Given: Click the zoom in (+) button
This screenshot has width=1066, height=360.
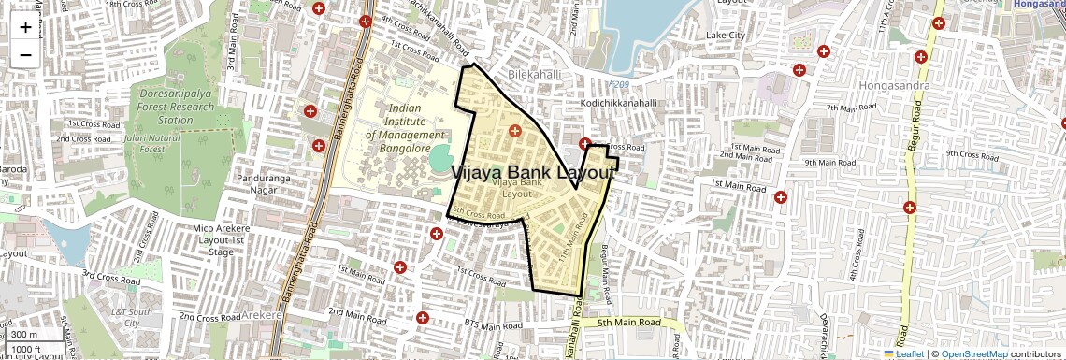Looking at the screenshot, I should (25, 27).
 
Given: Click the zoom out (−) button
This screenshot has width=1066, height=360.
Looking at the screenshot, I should (25, 54).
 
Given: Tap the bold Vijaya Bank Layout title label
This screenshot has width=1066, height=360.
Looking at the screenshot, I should (534, 173).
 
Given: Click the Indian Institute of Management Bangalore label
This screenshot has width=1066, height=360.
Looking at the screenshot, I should (397, 129).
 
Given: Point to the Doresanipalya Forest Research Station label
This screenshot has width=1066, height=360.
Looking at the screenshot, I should (176, 107).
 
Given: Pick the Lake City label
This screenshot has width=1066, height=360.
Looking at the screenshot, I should (726, 35).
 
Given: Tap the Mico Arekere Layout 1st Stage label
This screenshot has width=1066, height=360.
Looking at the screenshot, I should (208, 240).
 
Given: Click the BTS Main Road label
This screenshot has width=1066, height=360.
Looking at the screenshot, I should (494, 324).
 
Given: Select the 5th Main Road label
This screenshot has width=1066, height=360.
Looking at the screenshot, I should (629, 323).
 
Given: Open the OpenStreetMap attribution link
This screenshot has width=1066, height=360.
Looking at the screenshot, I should (974, 353).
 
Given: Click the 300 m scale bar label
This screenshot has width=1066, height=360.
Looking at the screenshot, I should (26, 335).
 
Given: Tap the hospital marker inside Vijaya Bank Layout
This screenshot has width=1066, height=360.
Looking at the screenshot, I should (513, 130).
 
